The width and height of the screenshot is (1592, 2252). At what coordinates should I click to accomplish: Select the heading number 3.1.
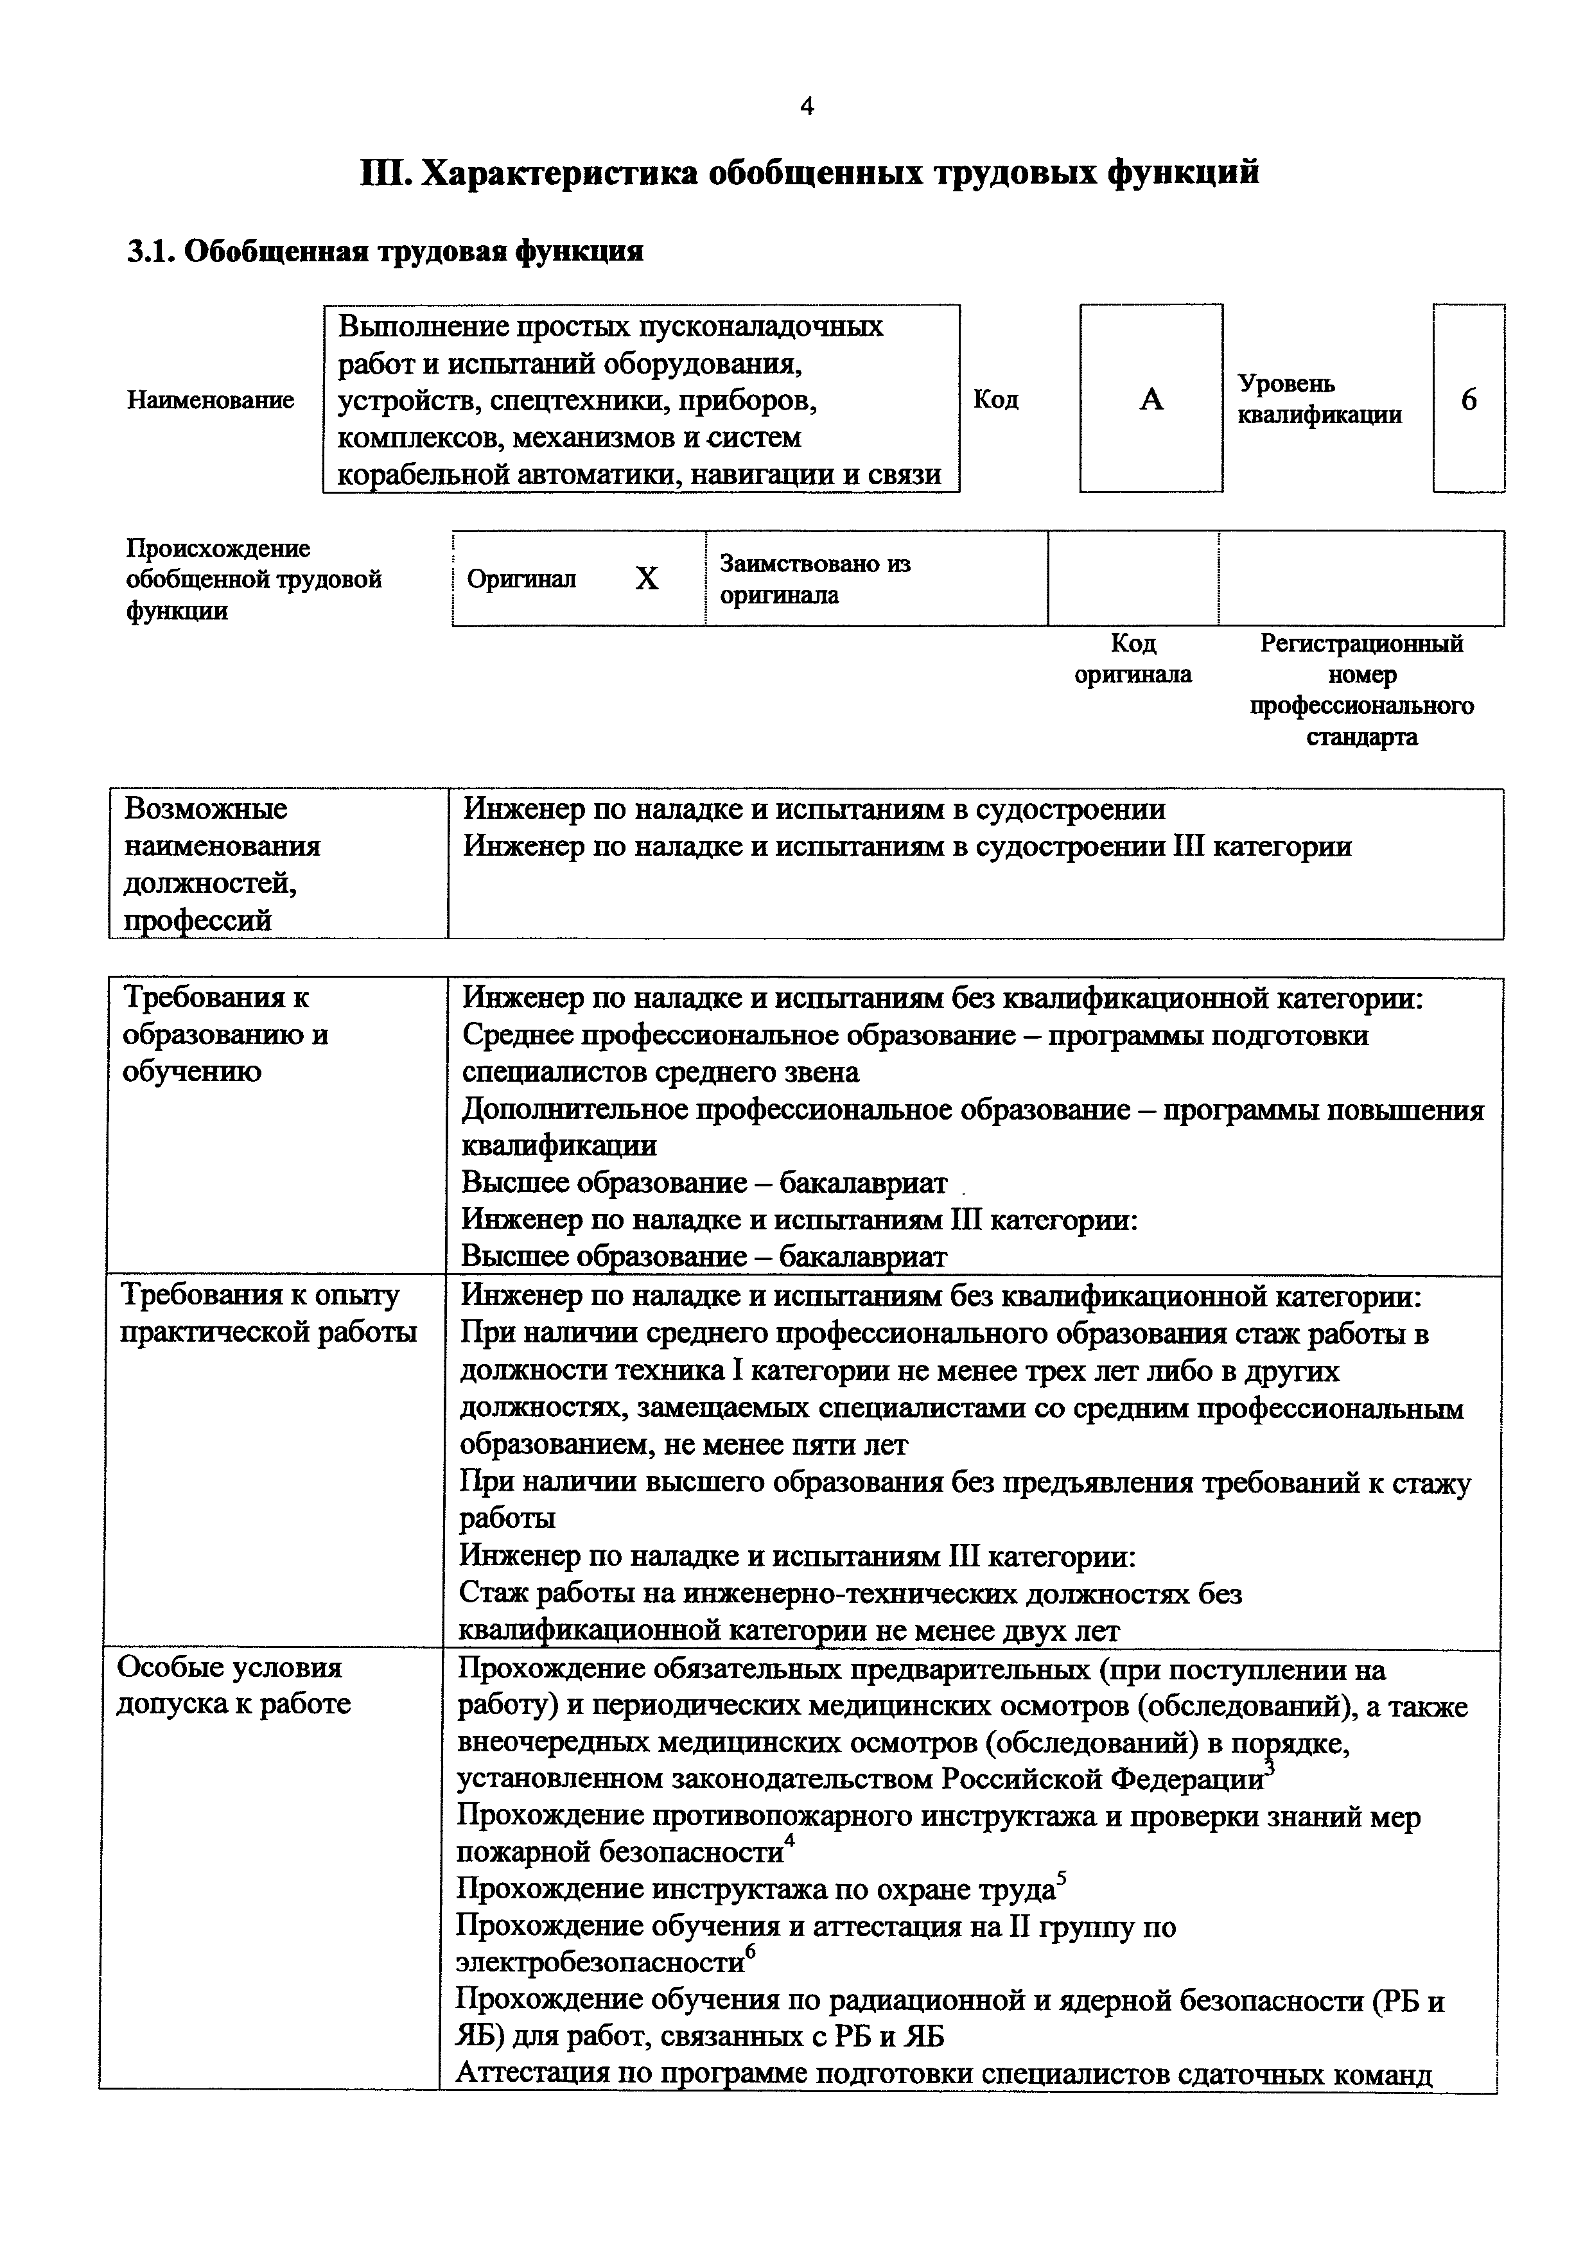(149, 252)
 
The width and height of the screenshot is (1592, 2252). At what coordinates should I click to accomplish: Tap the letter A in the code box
(1151, 399)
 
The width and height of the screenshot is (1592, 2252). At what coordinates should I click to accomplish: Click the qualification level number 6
(1469, 399)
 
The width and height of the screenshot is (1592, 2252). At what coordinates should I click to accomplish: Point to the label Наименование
(210, 400)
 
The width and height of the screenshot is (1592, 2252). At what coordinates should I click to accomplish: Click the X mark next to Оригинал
(647, 578)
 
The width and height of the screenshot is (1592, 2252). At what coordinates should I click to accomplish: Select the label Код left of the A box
(995, 399)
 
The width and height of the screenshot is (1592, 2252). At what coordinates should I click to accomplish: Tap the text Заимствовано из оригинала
(814, 578)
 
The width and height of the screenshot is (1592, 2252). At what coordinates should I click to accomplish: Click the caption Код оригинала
(1133, 659)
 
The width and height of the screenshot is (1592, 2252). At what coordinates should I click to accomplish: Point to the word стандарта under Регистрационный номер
(1361, 736)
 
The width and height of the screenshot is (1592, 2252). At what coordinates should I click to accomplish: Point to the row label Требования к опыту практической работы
(267, 1313)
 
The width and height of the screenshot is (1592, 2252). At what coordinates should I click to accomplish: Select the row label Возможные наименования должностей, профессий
(222, 864)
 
